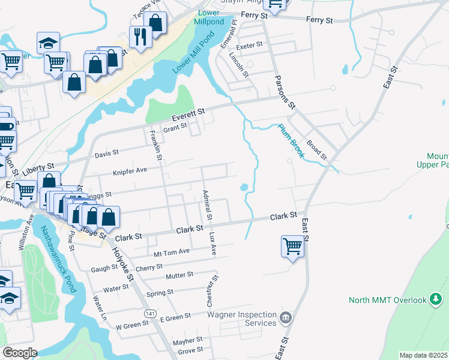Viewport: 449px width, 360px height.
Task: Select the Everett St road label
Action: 188,112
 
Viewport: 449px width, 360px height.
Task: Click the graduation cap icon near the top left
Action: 48,43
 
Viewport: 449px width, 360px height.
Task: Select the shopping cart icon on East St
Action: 292,245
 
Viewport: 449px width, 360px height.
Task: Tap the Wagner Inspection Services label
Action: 242,319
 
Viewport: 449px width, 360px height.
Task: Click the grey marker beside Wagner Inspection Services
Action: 285,316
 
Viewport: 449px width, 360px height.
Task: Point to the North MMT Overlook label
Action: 388,300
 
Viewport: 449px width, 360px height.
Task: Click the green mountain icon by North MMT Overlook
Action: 435,300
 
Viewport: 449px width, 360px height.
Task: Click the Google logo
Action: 20,353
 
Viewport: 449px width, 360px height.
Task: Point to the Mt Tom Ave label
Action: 172,251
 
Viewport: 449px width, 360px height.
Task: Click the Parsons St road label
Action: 285,91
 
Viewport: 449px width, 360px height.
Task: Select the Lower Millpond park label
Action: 208,17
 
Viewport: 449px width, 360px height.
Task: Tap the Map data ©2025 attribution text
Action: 423,355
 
